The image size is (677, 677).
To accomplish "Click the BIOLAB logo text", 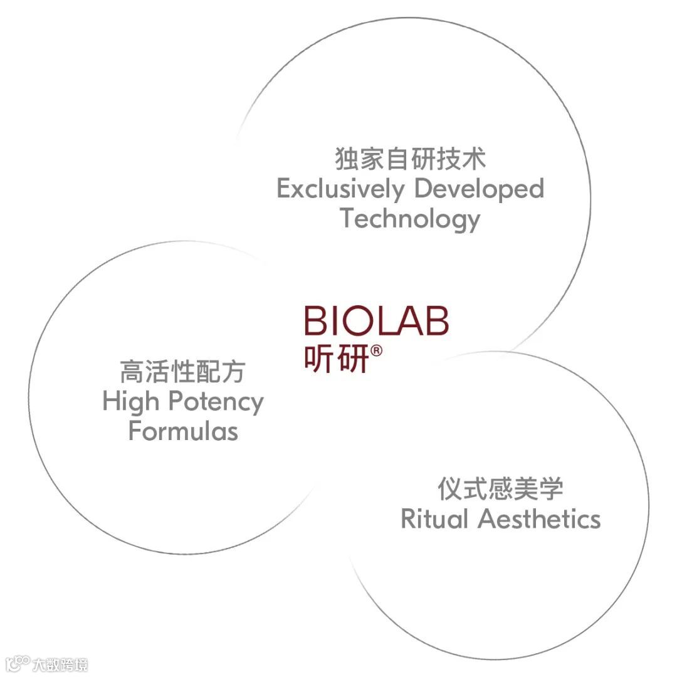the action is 376,320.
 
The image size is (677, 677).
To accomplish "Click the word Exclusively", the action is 341,189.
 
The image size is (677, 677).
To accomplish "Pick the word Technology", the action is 410,219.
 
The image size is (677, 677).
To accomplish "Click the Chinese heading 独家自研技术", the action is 410,159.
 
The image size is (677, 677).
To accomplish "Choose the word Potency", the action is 216,402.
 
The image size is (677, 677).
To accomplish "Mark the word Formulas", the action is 183,431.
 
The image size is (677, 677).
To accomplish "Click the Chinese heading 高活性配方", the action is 182,372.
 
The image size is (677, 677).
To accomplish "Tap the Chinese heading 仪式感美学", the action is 500,489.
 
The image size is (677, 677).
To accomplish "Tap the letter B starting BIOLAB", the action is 316,320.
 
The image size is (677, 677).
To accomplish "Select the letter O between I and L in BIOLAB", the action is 360,320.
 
